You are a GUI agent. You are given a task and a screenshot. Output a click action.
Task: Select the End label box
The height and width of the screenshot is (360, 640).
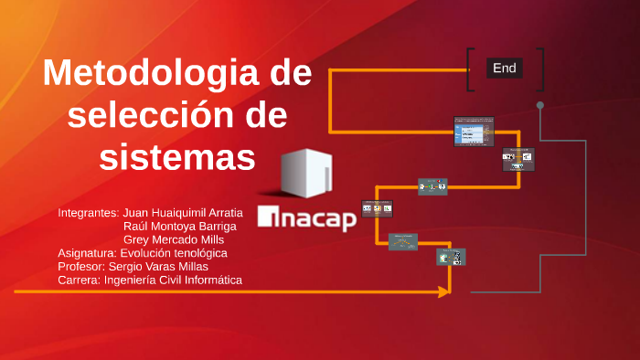pyautogui.click(x=505, y=68)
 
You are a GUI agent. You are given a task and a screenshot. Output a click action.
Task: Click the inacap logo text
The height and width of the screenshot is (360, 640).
pyautogui.click(x=308, y=218)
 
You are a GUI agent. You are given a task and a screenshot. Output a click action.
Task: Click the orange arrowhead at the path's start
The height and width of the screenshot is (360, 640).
pyautogui.click(x=444, y=291)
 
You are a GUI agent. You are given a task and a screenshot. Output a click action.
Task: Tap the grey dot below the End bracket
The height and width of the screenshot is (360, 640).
pyautogui.click(x=540, y=105)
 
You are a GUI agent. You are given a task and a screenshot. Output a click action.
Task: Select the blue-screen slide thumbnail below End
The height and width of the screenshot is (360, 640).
pyautogui.click(x=474, y=132)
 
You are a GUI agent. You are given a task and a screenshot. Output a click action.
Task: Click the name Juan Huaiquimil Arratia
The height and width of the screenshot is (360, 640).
pyautogui.click(x=183, y=213)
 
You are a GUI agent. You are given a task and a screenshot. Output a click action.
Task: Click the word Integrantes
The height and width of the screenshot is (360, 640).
pyautogui.click(x=88, y=213)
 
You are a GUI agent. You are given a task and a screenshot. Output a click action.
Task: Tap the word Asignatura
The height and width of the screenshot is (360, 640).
pyautogui.click(x=86, y=253)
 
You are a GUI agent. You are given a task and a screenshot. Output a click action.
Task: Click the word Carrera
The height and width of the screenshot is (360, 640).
pyautogui.click(x=78, y=280)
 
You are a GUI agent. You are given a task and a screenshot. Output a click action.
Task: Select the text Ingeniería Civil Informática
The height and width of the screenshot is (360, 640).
pyautogui.click(x=174, y=280)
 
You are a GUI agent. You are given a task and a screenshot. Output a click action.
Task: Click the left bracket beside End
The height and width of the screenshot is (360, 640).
pyautogui.click(x=470, y=69)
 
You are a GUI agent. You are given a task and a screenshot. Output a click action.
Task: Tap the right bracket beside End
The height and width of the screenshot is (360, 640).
pyautogui.click(x=541, y=69)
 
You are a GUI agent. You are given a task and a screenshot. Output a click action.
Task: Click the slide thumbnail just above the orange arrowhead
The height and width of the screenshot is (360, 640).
pyautogui.click(x=451, y=258)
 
